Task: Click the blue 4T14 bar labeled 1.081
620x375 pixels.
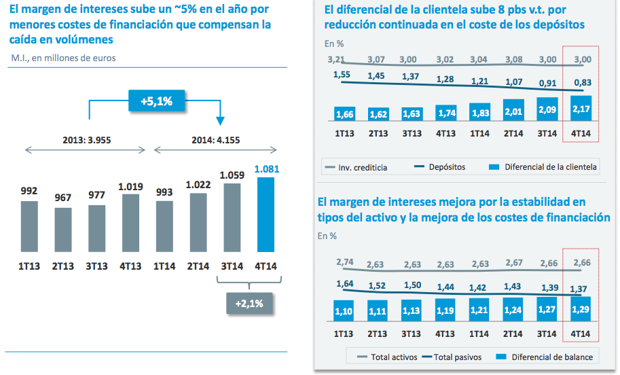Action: [x=266, y=215]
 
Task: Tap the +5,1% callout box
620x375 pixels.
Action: [x=156, y=101]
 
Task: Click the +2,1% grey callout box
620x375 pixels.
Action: [x=249, y=303]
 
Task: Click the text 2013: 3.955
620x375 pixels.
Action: [x=86, y=141]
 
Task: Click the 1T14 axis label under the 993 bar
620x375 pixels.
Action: [x=165, y=266]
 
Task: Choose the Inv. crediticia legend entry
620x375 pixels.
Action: [x=357, y=167]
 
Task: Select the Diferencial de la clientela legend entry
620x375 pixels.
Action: [x=543, y=167]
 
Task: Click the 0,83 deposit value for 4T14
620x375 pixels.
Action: [x=582, y=84]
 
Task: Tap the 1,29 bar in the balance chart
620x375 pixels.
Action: [x=581, y=310]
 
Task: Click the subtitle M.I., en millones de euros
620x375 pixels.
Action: [x=63, y=58]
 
